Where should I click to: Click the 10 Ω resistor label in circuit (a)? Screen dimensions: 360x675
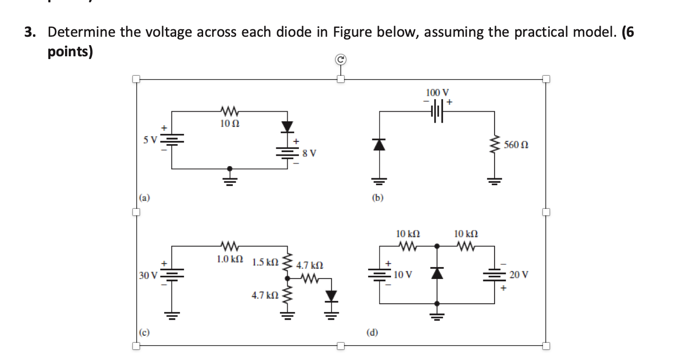tap(229, 124)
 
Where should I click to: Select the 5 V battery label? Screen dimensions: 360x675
tap(150, 139)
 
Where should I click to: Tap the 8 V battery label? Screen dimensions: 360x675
tap(309, 153)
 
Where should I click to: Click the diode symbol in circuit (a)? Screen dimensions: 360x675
tap(288, 126)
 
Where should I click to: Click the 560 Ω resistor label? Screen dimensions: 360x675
tap(516, 145)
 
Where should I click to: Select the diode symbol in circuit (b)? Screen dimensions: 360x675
tap(380, 145)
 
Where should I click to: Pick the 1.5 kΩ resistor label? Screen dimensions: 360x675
tap(265, 262)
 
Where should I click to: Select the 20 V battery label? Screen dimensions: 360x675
tap(519, 275)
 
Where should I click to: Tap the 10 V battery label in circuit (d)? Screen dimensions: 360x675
tap(403, 274)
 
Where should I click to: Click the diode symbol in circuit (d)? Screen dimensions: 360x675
tap(437, 273)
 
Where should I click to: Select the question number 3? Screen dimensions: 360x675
tap(30, 33)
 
